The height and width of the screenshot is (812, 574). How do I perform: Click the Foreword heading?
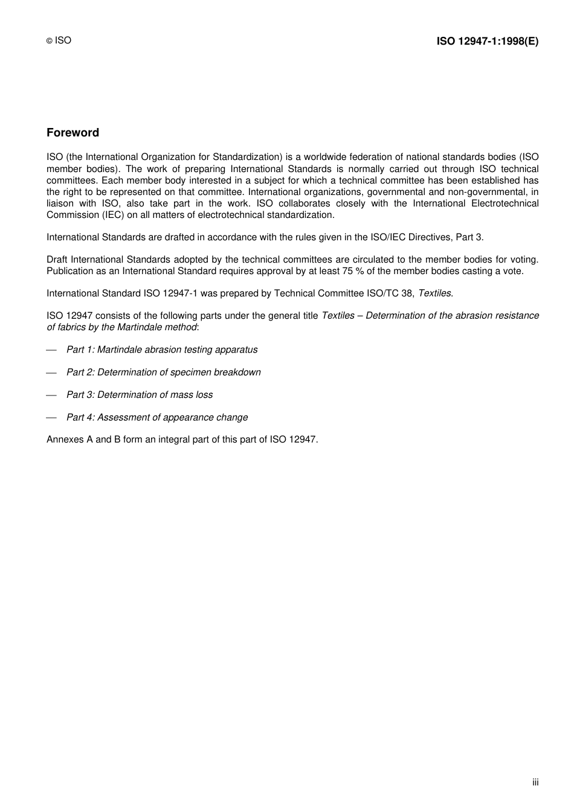[73, 133]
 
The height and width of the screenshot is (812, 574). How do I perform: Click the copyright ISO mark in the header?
[59, 40]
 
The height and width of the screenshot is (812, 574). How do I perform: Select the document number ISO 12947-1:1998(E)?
[487, 41]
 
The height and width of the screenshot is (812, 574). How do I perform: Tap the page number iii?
[535, 782]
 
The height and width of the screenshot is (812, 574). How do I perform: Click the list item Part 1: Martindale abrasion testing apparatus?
[162, 350]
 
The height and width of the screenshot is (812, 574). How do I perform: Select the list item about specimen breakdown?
[164, 372]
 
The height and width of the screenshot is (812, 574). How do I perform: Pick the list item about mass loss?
[140, 395]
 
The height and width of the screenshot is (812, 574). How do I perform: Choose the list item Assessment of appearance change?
[157, 417]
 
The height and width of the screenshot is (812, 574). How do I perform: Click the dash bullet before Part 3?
[51, 395]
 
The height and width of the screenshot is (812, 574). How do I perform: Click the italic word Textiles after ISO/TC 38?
[434, 293]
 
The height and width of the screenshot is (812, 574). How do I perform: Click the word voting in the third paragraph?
[523, 260]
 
